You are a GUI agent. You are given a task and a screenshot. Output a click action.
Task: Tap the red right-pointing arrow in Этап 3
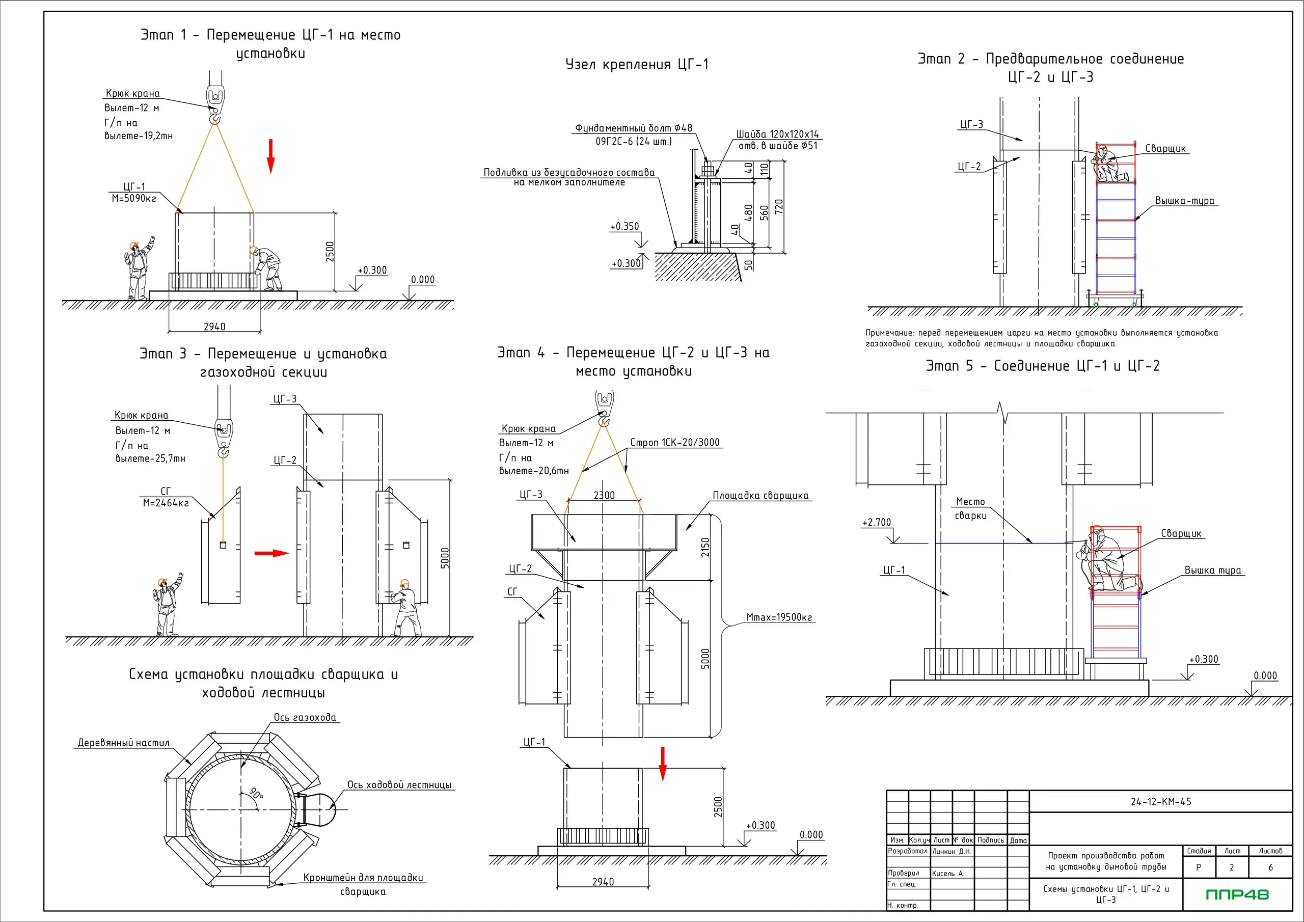coord(271,553)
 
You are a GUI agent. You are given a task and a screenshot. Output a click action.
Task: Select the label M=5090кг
coord(134,199)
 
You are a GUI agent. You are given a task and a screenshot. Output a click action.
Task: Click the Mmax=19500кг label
coord(779,617)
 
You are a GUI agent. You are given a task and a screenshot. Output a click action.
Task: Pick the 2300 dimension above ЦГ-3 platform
coord(604,495)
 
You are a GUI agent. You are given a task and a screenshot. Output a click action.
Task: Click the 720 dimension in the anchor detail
coord(779,206)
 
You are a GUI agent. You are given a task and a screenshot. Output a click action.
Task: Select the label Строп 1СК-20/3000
coord(675,443)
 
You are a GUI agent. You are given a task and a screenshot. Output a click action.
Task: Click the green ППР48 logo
coord(1237,894)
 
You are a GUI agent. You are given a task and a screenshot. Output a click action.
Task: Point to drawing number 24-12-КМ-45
coord(1161,802)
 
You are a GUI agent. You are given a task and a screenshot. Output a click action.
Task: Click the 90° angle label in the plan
coord(257,793)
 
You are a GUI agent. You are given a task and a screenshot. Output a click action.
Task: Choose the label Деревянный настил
coord(123,743)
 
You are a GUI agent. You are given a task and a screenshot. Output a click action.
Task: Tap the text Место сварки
coord(971,508)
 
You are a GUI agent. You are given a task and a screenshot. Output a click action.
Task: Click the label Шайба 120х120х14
coord(777,134)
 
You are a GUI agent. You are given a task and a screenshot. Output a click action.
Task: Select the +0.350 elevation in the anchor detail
coord(624,227)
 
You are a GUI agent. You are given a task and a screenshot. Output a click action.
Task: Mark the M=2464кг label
coord(166,503)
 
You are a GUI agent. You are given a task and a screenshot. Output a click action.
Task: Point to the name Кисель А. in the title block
coord(948,873)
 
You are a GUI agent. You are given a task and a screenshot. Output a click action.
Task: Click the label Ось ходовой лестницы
coord(399,785)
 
